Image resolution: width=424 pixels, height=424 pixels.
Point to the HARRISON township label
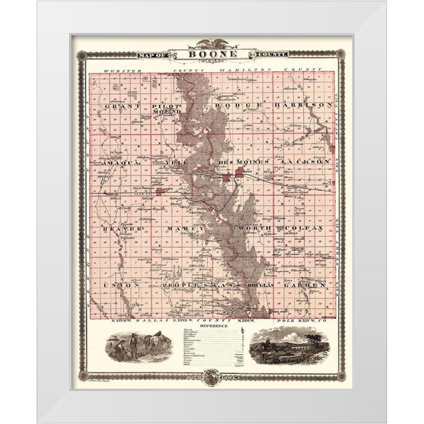click(302, 105)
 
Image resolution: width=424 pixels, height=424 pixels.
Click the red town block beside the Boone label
click(240, 171)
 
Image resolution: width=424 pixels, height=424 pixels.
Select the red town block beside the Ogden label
click(160, 192)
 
